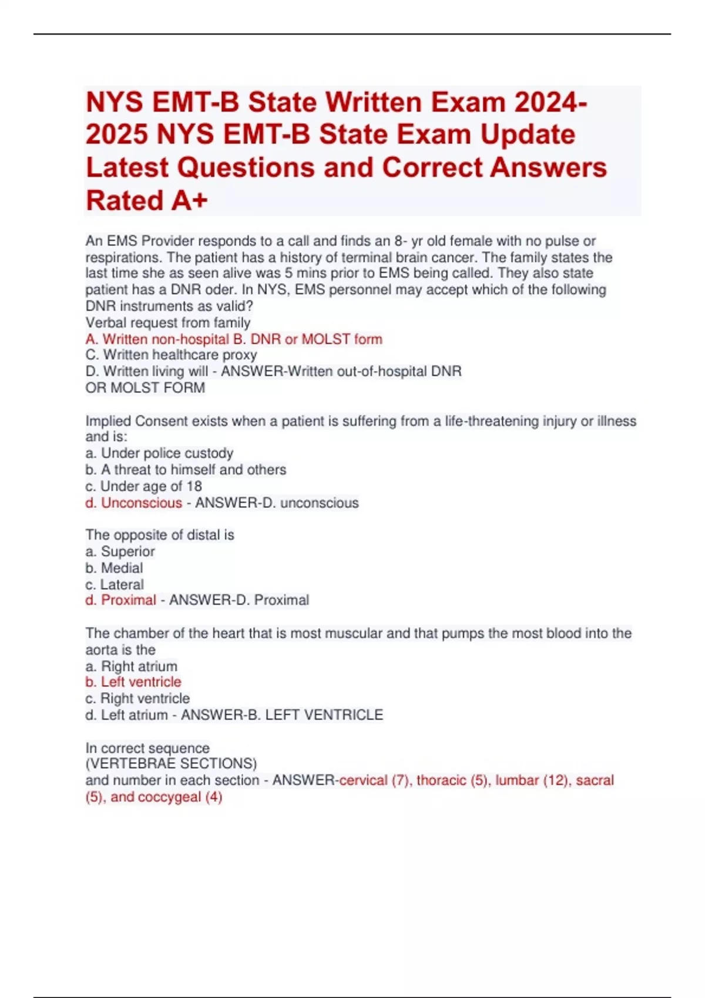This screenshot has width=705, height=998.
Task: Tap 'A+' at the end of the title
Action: tap(189, 201)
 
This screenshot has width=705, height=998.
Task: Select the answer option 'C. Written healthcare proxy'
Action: tap(171, 355)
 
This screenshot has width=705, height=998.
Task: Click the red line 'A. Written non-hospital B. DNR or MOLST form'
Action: tap(234, 339)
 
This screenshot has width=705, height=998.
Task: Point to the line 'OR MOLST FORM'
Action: tap(145, 388)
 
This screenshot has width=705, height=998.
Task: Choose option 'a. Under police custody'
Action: tap(159, 453)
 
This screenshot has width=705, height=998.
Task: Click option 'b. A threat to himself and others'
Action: tap(186, 470)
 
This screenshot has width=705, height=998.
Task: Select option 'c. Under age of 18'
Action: tap(143, 487)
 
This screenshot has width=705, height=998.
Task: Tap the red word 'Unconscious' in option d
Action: tap(142, 503)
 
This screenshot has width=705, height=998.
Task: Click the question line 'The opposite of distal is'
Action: tap(160, 535)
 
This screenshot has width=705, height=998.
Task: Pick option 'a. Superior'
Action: tap(120, 552)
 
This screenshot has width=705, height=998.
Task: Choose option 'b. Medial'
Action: tap(114, 568)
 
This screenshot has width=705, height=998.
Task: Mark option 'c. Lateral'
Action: tap(115, 585)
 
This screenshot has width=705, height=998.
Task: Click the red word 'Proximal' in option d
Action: tap(129, 601)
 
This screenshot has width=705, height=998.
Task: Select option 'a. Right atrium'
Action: tap(131, 667)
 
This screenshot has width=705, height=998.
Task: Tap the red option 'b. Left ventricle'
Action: tap(133, 682)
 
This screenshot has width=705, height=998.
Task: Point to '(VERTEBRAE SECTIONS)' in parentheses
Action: tap(171, 764)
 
